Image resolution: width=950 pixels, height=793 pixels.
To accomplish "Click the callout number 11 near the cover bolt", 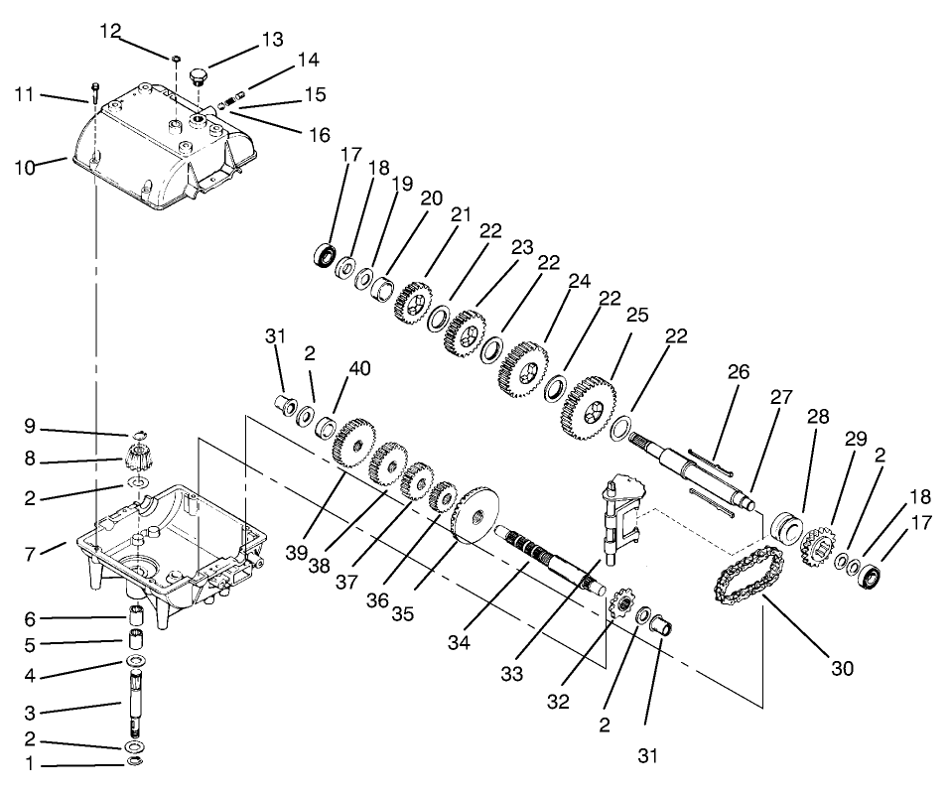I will [x=25, y=95].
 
